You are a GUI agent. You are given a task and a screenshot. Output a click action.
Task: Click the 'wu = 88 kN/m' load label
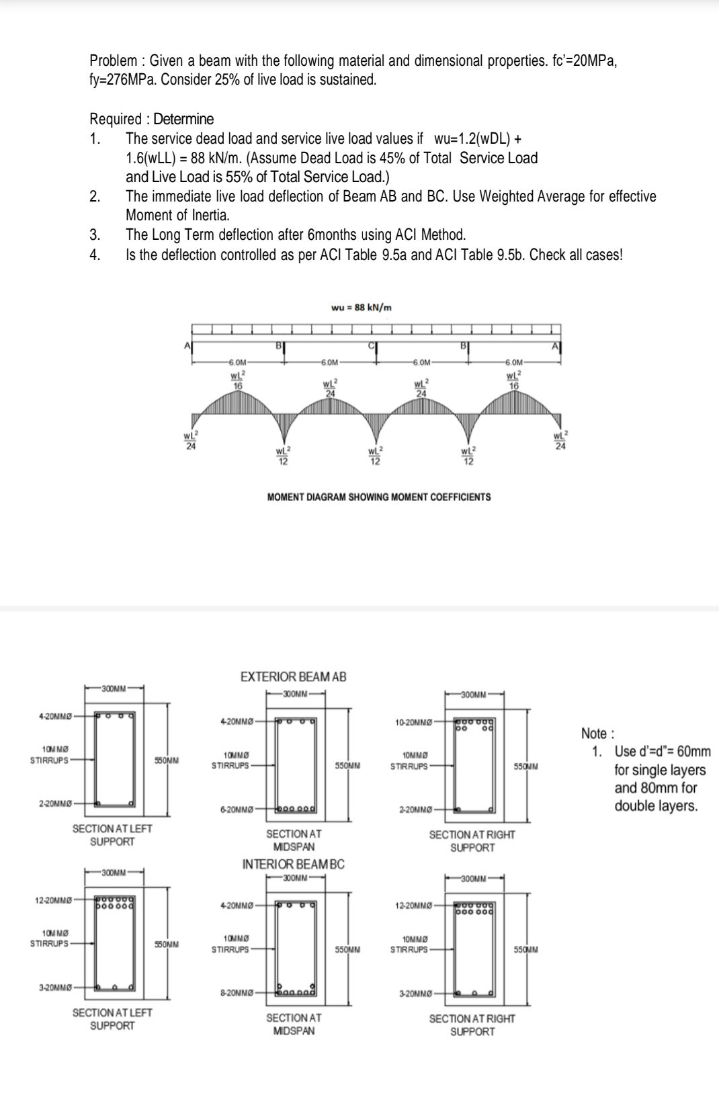click(362, 308)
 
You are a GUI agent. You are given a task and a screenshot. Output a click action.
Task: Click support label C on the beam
click(369, 345)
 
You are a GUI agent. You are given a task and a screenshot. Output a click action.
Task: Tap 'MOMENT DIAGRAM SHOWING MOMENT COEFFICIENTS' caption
click(378, 497)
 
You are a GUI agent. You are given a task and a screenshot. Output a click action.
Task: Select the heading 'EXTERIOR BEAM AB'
click(293, 676)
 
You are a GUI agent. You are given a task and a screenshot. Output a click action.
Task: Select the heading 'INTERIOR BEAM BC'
click(293, 864)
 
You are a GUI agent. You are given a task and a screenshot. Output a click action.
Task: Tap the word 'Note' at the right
click(594, 734)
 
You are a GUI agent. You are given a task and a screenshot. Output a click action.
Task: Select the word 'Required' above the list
click(116, 120)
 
